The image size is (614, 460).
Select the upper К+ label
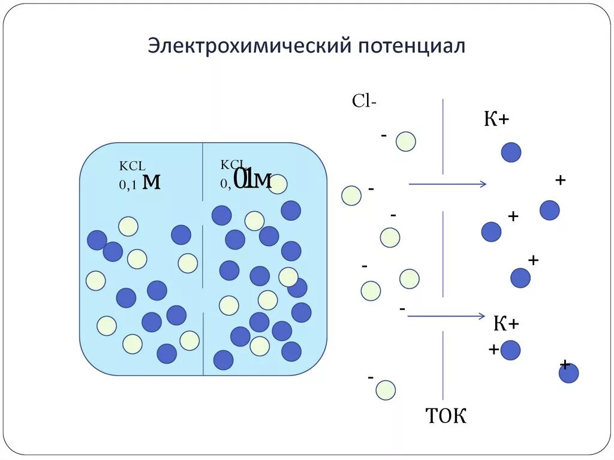(x=496, y=119)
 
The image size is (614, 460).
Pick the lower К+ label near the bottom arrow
(x=506, y=324)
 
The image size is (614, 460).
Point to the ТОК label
(x=446, y=416)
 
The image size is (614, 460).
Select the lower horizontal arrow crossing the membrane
(x=446, y=316)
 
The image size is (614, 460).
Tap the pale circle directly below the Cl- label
(x=406, y=142)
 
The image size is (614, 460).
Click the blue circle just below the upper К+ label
(x=511, y=152)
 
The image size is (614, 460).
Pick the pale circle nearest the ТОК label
(x=386, y=390)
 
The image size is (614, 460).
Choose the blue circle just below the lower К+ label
(x=511, y=350)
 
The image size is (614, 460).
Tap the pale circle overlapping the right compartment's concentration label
(x=277, y=184)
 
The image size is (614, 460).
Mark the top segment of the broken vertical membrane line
(x=443, y=137)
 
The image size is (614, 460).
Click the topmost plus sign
(x=561, y=179)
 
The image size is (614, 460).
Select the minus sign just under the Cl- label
(x=383, y=136)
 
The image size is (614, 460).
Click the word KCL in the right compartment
(x=231, y=164)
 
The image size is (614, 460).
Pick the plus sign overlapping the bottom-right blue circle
(x=565, y=365)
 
